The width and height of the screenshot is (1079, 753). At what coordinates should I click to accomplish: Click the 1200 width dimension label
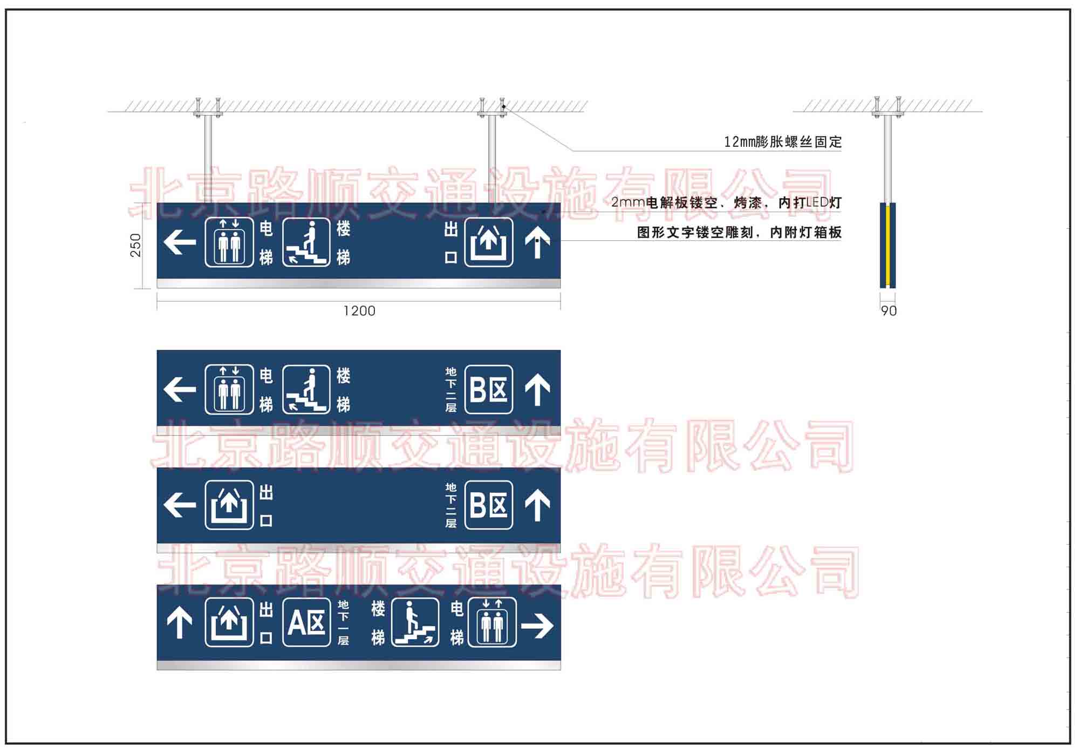point(359,311)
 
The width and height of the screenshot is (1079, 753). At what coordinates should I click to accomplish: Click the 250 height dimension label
point(135,245)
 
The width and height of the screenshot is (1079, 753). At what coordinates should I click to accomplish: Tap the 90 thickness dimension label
point(889,311)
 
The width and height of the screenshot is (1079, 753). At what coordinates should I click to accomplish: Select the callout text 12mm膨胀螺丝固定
point(783,142)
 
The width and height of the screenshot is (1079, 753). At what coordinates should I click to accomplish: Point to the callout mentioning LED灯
point(726,203)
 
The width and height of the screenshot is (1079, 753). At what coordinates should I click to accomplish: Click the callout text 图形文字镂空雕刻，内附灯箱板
point(739,233)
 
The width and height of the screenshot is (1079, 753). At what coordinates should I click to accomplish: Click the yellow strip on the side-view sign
point(887,245)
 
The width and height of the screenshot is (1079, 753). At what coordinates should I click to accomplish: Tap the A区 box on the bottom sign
point(306,622)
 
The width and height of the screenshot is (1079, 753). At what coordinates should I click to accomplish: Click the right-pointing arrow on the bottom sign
point(537,626)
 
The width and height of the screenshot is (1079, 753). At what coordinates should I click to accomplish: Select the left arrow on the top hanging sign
point(180,242)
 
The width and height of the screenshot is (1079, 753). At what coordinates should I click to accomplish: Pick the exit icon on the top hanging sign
point(489,242)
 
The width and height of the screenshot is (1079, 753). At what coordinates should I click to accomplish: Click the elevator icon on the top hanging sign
point(229,242)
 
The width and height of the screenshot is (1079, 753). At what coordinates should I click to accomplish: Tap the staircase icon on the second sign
point(306,390)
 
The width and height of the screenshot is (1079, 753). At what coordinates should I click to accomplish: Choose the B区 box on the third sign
point(489,505)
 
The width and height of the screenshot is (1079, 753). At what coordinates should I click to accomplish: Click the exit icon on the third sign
point(229,505)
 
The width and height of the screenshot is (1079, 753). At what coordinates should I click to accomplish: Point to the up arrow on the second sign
point(537,390)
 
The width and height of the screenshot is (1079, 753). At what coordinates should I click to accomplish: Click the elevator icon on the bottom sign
point(492,622)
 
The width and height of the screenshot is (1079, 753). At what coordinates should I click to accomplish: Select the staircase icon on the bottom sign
point(415,622)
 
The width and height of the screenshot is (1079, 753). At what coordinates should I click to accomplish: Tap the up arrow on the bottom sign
point(180,623)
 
